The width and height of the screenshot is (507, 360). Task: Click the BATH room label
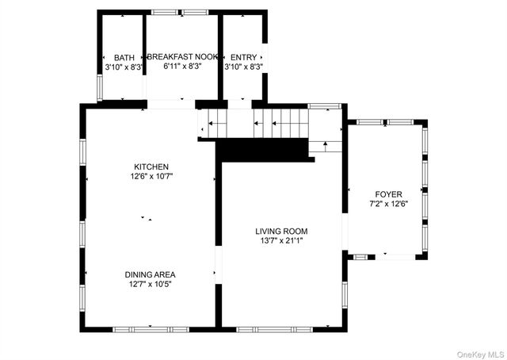tap(124, 58)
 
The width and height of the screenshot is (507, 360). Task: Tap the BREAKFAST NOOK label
tap(182, 58)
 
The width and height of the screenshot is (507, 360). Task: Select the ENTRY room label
tap(243, 58)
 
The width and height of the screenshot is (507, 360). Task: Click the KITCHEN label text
tap(151, 167)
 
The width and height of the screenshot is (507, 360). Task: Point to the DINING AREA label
tap(151, 274)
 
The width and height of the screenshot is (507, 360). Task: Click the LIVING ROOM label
tap(281, 232)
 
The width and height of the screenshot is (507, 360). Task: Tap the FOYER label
tap(388, 194)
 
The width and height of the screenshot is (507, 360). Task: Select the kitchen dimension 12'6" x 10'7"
tap(151, 176)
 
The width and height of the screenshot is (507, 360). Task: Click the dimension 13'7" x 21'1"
tap(281, 241)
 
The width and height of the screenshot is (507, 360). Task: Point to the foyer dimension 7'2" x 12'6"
tap(388, 204)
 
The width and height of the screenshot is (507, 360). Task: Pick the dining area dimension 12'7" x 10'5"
tap(151, 284)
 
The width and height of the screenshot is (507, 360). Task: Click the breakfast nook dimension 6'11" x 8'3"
tap(182, 67)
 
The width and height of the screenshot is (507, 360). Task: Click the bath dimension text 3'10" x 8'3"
tap(124, 67)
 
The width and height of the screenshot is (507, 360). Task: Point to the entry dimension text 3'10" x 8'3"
tap(243, 67)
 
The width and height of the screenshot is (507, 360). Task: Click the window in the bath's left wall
tap(100, 87)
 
